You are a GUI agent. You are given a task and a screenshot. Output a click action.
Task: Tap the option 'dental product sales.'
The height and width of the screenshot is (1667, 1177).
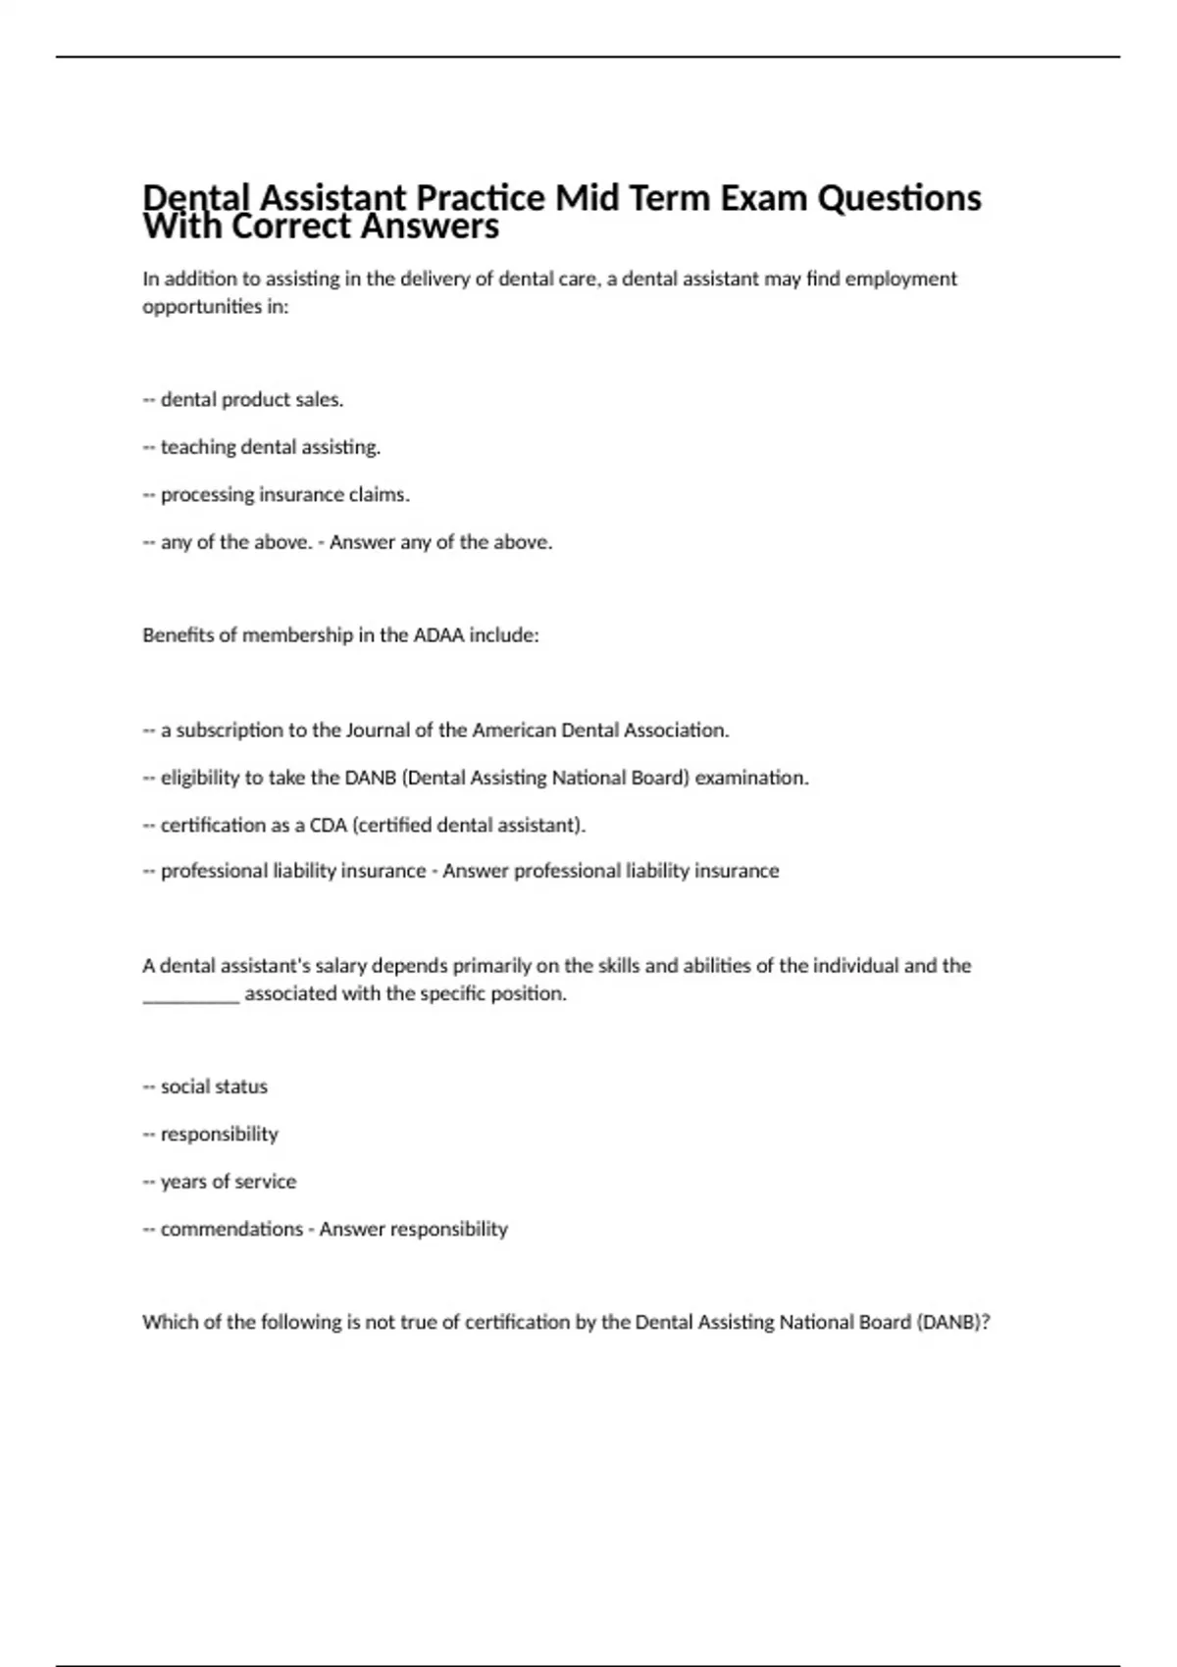point(251,400)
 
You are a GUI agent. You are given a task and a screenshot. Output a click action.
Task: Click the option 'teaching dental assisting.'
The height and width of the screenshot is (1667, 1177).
point(270,447)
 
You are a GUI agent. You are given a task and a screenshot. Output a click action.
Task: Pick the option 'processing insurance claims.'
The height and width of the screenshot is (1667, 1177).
point(284,495)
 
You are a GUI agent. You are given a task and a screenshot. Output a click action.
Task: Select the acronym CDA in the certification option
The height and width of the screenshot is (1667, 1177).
point(329,826)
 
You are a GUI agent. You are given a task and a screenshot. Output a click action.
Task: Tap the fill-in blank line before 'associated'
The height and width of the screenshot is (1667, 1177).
point(190,994)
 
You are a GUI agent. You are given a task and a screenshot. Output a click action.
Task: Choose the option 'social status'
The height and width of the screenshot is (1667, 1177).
point(214,1086)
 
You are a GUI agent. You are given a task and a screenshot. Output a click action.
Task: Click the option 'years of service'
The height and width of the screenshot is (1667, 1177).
point(228,1182)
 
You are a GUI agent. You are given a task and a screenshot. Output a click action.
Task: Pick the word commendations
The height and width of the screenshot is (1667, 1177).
point(231,1230)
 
